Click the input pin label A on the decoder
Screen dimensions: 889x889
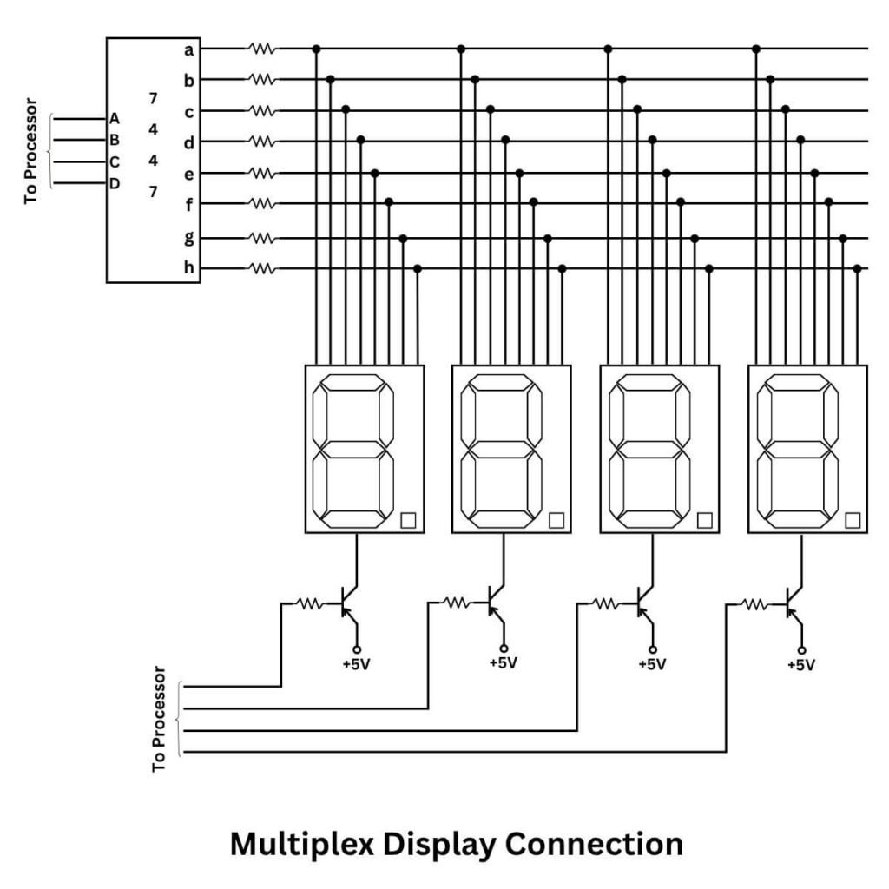[114, 118]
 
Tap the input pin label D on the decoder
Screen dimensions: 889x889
[114, 183]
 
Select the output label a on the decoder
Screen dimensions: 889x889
[188, 49]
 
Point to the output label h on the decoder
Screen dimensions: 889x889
[188, 268]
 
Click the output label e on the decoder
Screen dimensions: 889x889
[188, 174]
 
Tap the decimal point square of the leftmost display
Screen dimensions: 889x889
[408, 520]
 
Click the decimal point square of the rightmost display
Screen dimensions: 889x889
[852, 520]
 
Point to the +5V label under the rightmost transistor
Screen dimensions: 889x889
[800, 665]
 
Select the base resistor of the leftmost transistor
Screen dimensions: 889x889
[310, 603]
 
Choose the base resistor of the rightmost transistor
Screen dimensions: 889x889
[754, 603]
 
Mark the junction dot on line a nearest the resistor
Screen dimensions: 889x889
[316, 49]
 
